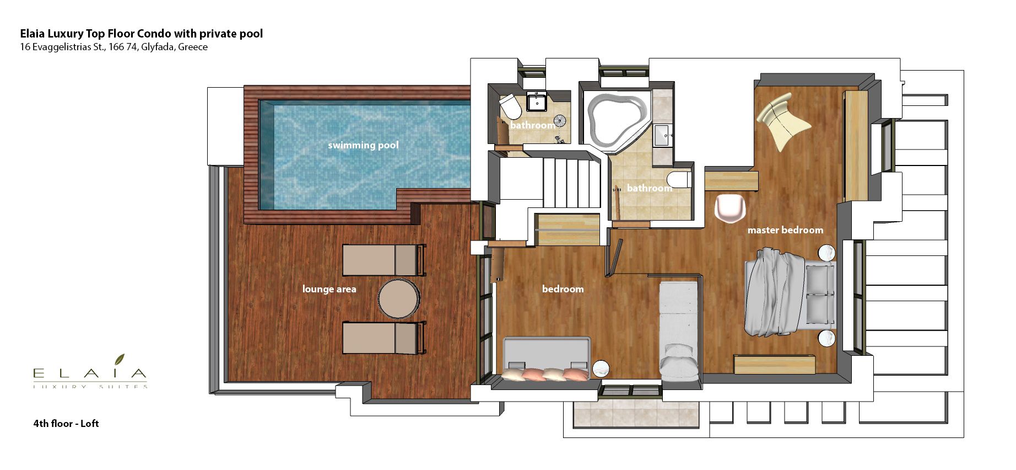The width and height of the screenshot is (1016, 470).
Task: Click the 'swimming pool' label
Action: [x=363, y=145]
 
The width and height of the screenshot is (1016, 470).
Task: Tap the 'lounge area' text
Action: [x=329, y=289]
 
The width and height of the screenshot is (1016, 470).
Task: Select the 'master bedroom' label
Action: [x=785, y=230]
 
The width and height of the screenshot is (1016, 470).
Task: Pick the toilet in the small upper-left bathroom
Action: [x=510, y=106]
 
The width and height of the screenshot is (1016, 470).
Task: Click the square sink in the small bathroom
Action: [x=536, y=102]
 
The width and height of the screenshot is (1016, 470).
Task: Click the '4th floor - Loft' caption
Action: [x=66, y=424]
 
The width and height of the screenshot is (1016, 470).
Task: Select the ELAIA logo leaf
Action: [x=120, y=360]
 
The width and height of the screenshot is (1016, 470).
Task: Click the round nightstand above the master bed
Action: [x=826, y=253]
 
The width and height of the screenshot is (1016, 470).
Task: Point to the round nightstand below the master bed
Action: [x=826, y=338]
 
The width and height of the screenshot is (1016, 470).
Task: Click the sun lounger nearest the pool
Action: [x=384, y=260]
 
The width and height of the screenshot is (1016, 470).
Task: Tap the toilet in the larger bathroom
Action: [x=679, y=180]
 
